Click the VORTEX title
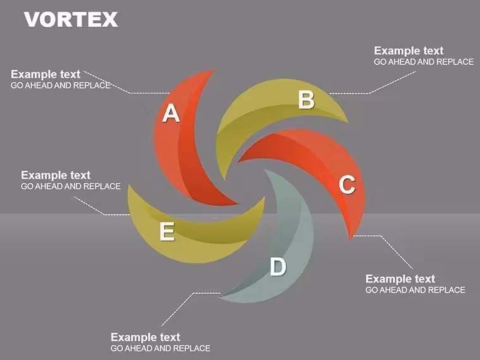coord(71,20)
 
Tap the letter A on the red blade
coord(171,113)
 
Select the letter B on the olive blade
coord(306,100)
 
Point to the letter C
coord(347,184)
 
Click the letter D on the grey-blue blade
coord(278,267)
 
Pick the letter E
coord(167,231)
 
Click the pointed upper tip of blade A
coord(213,71)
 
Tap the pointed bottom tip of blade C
coord(351,239)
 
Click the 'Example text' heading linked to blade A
coord(45,75)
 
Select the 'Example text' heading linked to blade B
coord(409,51)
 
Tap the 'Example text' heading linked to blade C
coord(400,279)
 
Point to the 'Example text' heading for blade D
coord(145,337)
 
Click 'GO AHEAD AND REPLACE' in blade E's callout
coord(71,186)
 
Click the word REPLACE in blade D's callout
coord(192,349)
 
